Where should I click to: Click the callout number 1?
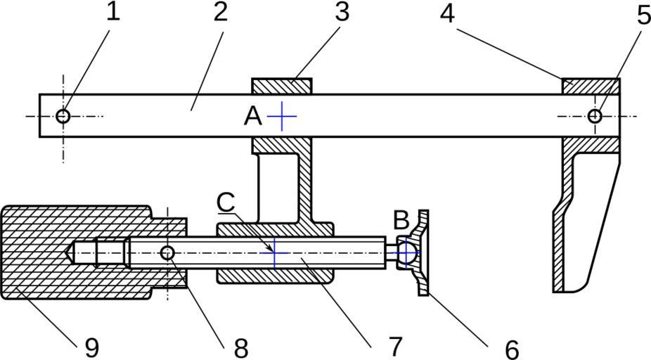pos(113,13)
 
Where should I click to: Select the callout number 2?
pos(221,13)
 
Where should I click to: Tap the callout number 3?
pos(342,13)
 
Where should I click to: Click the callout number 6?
pos(511,347)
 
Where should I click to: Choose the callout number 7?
pos(394,345)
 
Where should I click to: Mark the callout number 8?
pos(241,347)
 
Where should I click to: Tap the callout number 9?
pos(91,347)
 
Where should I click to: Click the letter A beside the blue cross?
pos(253,116)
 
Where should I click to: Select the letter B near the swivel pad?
pos(401,221)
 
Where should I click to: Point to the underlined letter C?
pos(226,202)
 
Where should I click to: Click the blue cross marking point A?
pos(281,116)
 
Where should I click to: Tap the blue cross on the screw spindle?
pos(275,252)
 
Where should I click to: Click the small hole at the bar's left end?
pos(63,116)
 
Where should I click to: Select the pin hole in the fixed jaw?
pos(595,116)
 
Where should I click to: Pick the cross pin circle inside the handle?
pos(167,252)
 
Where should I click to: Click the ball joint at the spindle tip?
pos(406,252)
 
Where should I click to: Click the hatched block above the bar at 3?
pos(282,86)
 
